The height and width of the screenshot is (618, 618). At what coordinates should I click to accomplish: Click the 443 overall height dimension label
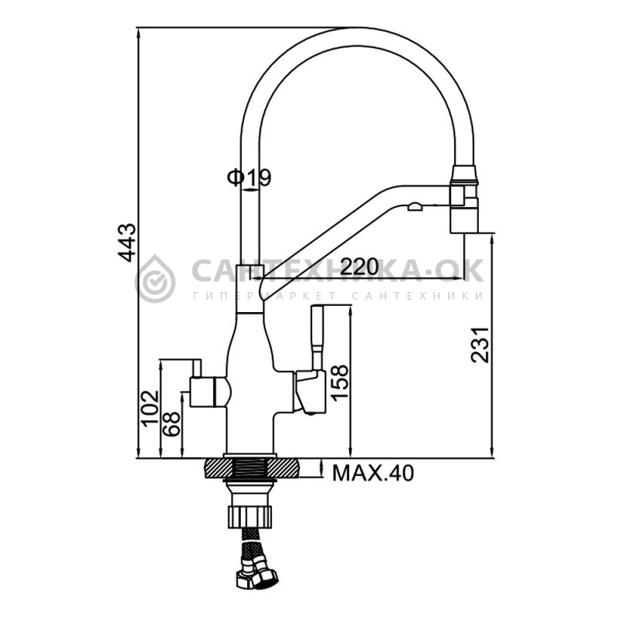[127, 243]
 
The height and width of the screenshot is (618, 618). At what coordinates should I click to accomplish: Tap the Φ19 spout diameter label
[249, 178]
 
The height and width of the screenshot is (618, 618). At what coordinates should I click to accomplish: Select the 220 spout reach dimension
[359, 267]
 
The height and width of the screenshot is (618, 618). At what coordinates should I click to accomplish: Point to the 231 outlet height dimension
[480, 345]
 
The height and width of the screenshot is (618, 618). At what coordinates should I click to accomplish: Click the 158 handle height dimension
[340, 382]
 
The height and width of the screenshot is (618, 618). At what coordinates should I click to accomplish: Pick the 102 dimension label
[150, 409]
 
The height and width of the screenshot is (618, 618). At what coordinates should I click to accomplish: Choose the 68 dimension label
[171, 423]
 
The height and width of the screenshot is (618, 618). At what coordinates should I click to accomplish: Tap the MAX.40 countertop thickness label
[373, 473]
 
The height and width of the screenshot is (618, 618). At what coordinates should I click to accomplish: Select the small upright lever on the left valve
[197, 368]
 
